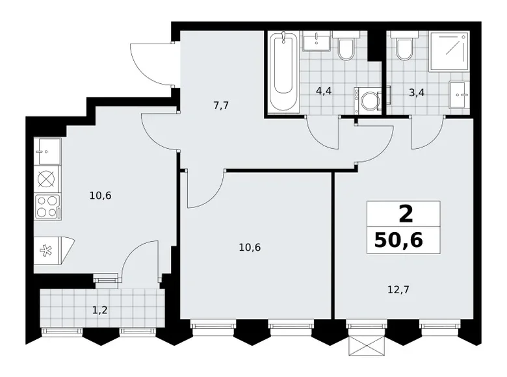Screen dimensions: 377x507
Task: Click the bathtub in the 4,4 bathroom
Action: coord(285,72)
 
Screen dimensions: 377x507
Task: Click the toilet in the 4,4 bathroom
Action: coord(346,48)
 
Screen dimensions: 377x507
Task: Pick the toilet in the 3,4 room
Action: coord(404,48)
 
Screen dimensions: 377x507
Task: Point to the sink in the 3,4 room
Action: coord(460,95)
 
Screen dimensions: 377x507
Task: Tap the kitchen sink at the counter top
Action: coord(47,151)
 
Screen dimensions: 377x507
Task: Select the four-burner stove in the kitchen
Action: coord(47,207)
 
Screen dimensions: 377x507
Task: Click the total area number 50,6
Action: coord(398,241)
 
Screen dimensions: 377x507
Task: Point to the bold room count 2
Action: coord(403,214)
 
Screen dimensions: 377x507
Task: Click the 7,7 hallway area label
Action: coord(222,106)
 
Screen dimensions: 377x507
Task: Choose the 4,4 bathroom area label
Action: coord(325,91)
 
